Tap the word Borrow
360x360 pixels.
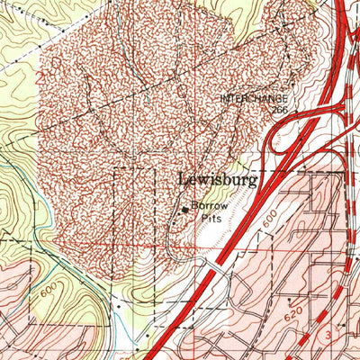pos(209,206)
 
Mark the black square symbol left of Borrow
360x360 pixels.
pos(186,209)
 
